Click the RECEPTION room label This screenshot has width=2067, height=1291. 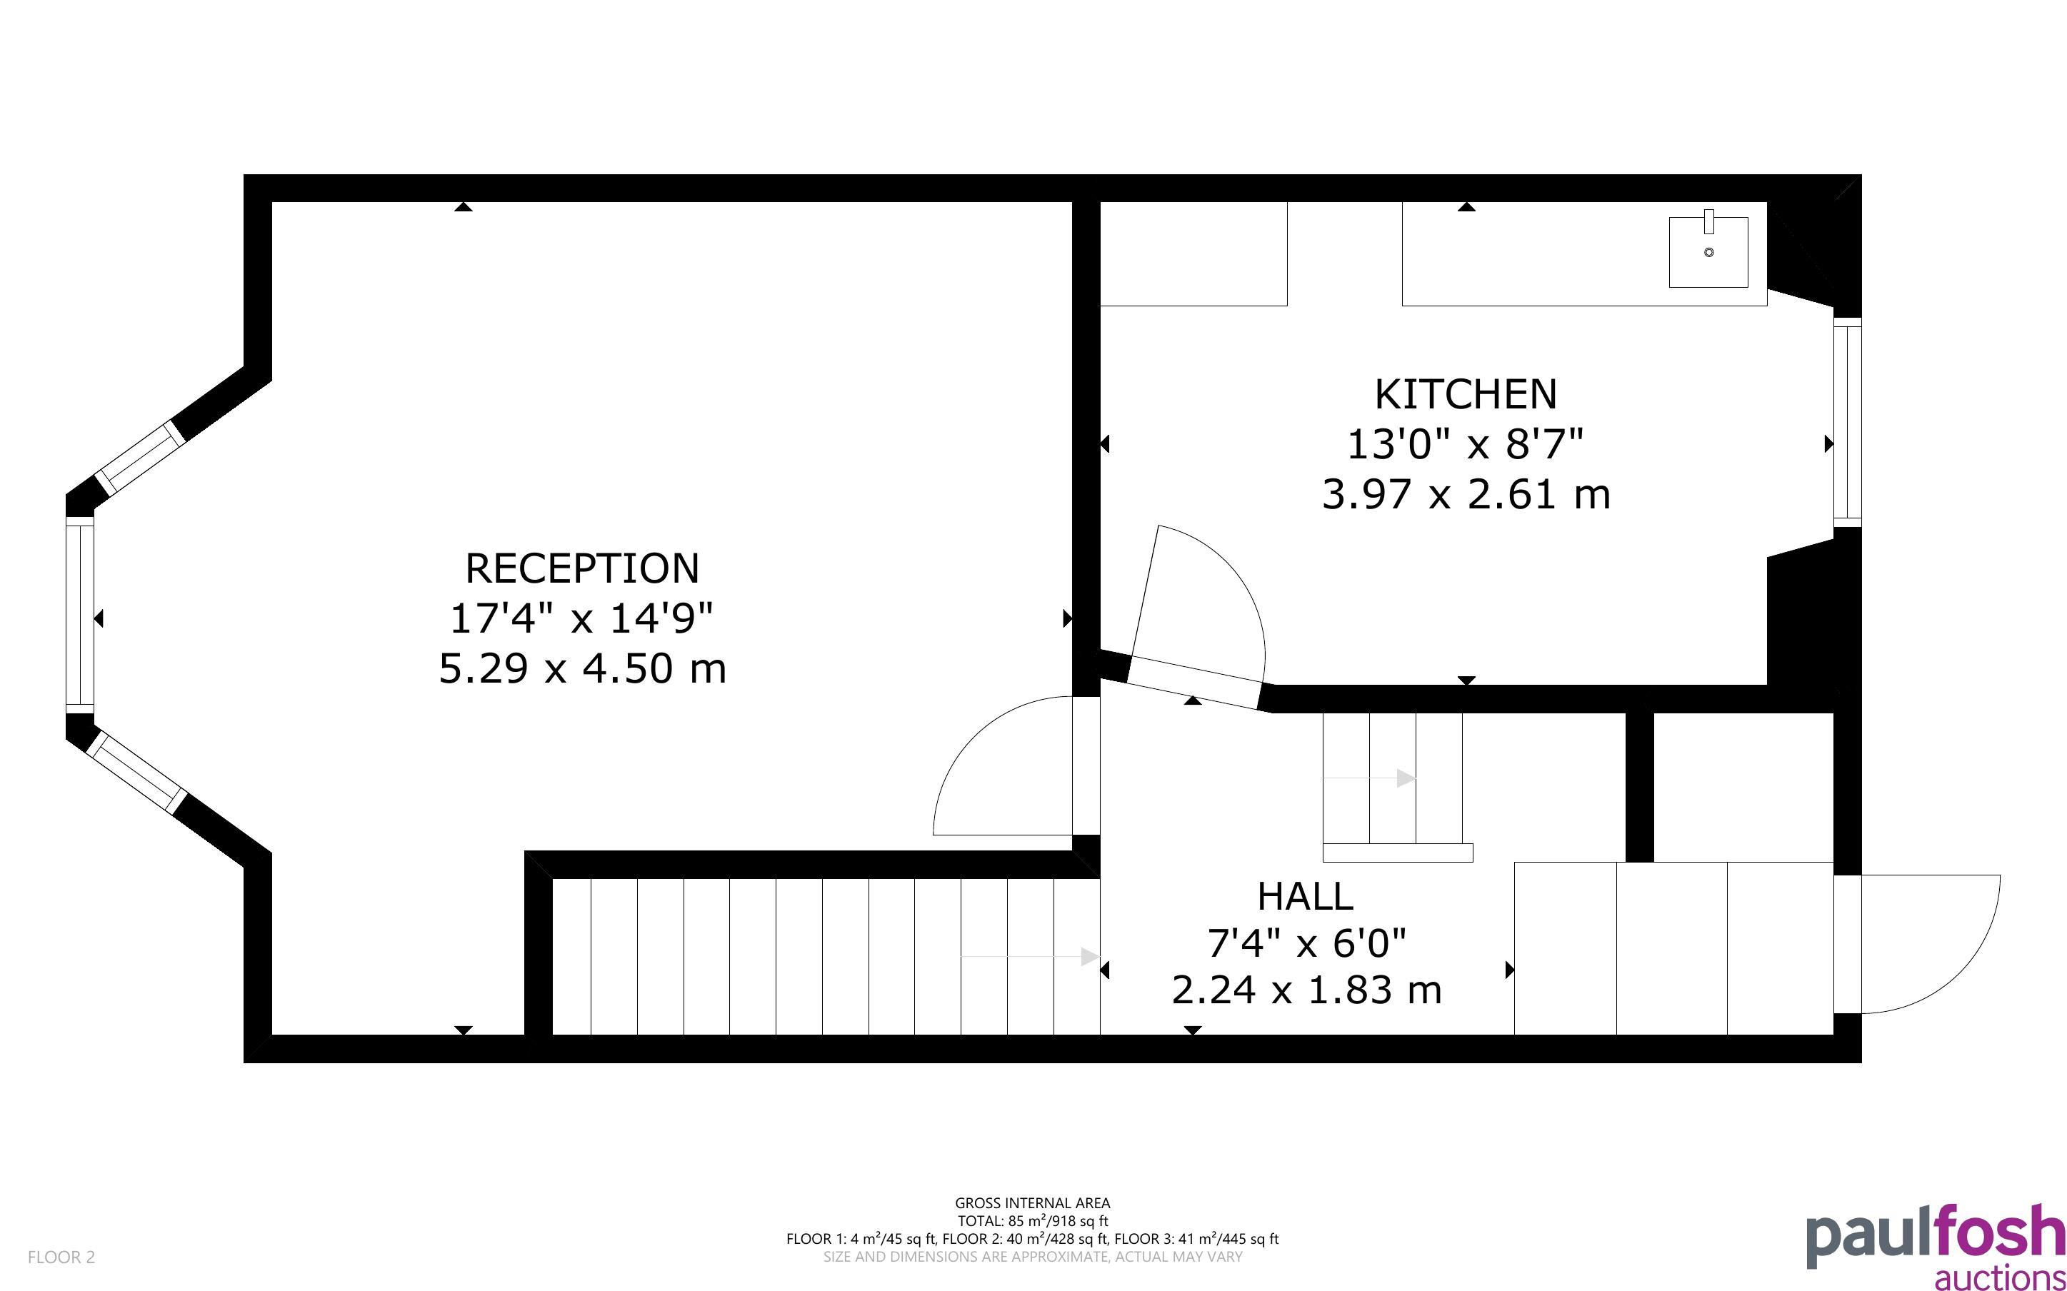[581, 568]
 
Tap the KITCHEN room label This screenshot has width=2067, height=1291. [1466, 394]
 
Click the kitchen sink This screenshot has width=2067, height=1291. [1708, 251]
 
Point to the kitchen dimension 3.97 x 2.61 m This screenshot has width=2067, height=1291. [1466, 494]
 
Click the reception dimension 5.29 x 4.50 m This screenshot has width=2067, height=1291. [582, 668]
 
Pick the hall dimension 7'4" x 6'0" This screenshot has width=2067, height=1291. [1306, 943]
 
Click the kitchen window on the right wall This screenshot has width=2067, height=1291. [1847, 423]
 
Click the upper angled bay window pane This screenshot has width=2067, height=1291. [139, 458]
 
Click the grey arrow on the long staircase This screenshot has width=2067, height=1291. [1030, 956]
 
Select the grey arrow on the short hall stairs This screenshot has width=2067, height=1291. [1369, 778]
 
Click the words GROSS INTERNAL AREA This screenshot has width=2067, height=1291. [1032, 1203]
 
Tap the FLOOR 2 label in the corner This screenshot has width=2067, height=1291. [61, 1257]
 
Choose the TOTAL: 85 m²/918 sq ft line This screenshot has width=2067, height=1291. [1032, 1221]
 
